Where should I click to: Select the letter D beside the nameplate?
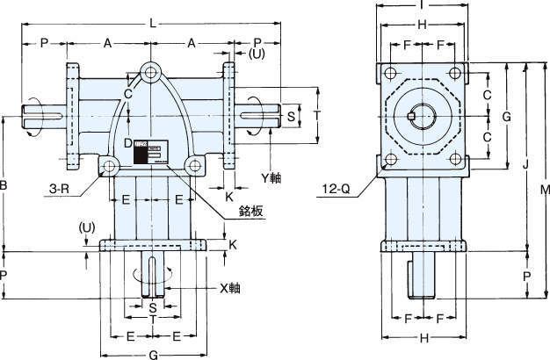[x=127, y=142]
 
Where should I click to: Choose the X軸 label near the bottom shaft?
[x=230, y=287]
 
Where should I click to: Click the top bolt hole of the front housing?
[x=153, y=71]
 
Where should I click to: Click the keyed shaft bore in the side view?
[x=421, y=117]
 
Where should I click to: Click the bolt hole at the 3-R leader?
[x=108, y=165]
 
